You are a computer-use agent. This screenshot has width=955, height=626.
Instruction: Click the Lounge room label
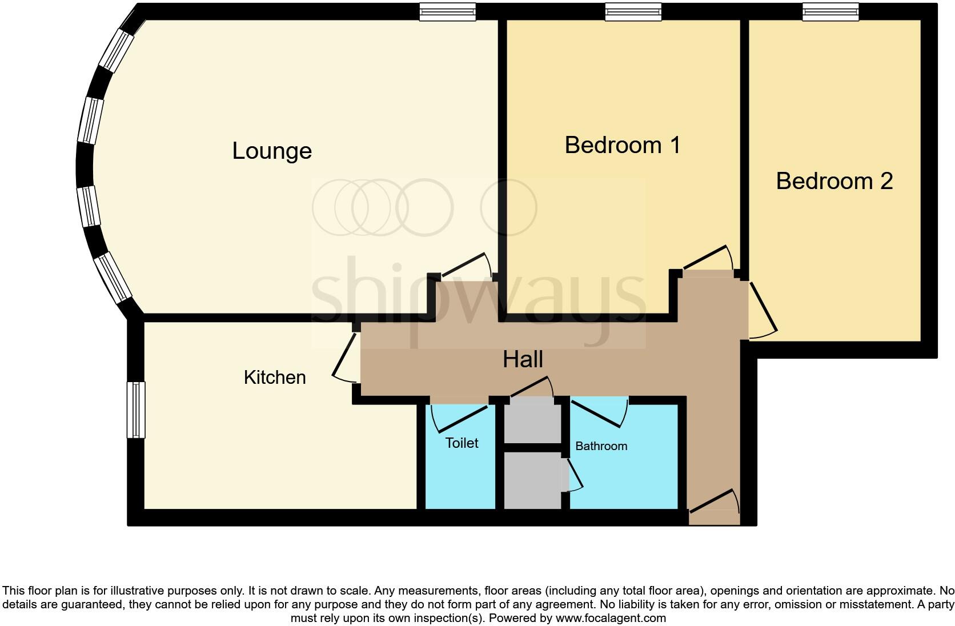coord(272,151)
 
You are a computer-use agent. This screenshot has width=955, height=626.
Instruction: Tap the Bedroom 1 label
coord(622,145)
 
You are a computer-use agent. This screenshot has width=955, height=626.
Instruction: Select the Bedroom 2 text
coord(834,181)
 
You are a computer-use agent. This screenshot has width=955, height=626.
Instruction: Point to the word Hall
coord(523,359)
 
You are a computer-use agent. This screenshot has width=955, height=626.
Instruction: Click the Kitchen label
coord(275,378)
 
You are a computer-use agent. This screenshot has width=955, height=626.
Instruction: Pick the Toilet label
coord(462,443)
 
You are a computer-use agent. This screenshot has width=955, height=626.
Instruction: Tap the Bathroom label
coord(601,446)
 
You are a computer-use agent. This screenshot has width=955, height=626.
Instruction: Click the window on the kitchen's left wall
coord(136,410)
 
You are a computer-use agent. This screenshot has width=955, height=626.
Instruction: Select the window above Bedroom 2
coord(830,11)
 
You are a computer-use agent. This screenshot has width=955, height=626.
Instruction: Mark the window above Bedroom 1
coord(633,11)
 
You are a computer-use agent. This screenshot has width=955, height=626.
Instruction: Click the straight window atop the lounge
coord(447,11)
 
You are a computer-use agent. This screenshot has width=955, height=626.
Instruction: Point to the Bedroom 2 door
coord(762,308)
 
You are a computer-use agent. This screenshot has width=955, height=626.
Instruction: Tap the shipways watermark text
coord(479,297)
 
